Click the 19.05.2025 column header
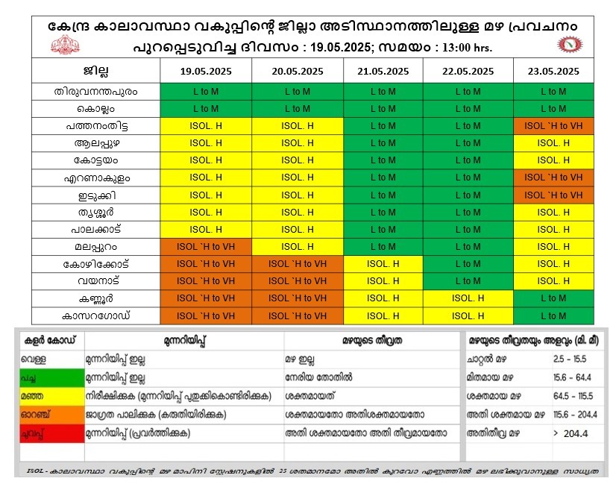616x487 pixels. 205,72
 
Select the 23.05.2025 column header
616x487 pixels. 553,72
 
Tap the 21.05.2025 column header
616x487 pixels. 383,72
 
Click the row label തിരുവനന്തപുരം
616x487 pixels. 95,91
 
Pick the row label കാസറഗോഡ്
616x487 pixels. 95,315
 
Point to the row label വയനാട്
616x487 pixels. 95,281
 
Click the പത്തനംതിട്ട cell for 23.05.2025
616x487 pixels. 553,126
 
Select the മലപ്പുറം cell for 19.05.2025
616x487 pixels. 205,247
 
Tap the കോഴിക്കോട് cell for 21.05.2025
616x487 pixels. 383,264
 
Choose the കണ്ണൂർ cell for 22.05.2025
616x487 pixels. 468,298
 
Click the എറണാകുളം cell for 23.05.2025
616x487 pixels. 553,177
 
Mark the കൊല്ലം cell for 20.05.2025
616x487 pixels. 298,109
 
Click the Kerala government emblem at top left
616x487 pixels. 65,45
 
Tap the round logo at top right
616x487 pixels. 571,45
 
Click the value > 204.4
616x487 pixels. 571,433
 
